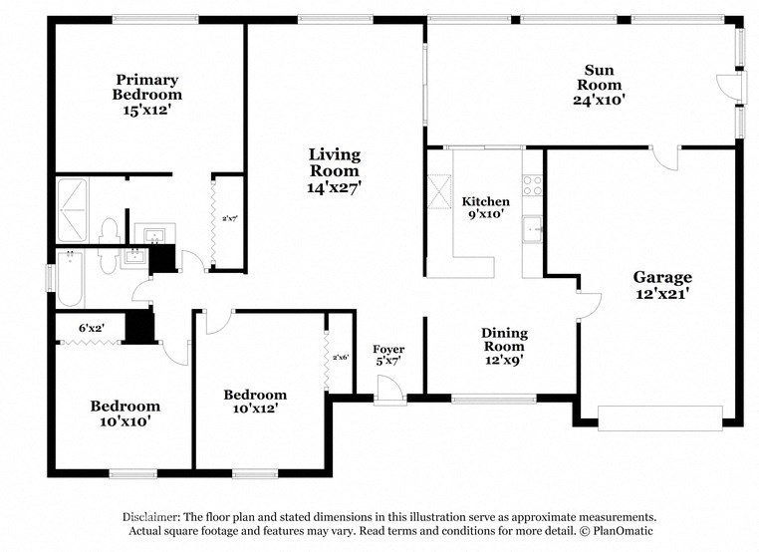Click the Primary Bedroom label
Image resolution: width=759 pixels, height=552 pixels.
tap(146, 95)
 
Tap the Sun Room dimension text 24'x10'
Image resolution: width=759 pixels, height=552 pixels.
tap(598, 100)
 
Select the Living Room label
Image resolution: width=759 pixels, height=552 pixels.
tap(334, 169)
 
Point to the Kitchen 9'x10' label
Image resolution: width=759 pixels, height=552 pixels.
tap(485, 207)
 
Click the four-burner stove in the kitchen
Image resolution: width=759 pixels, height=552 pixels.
tap(533, 185)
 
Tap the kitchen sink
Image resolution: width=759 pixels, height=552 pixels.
tap(534, 227)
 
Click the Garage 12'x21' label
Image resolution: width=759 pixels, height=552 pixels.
tap(662, 285)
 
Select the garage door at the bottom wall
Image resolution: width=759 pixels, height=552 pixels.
tap(659, 417)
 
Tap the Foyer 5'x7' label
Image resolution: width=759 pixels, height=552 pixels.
tap(388, 356)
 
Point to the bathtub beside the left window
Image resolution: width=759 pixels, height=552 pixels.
tap(72, 279)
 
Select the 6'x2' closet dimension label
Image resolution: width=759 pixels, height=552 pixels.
tap(92, 327)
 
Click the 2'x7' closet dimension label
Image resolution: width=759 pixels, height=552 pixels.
tap(230, 218)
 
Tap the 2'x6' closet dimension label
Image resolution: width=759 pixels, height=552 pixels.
tap(341, 357)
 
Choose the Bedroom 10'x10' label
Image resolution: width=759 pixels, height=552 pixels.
tap(125, 413)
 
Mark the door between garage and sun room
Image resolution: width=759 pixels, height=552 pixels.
tap(663, 156)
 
